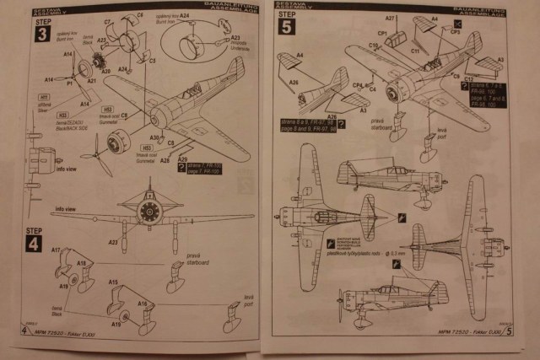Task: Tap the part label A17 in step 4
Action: click(56, 250)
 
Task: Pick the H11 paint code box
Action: click(42, 98)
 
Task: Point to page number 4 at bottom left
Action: click(22, 339)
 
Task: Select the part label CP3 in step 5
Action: click(455, 31)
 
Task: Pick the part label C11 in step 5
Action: click(416, 51)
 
